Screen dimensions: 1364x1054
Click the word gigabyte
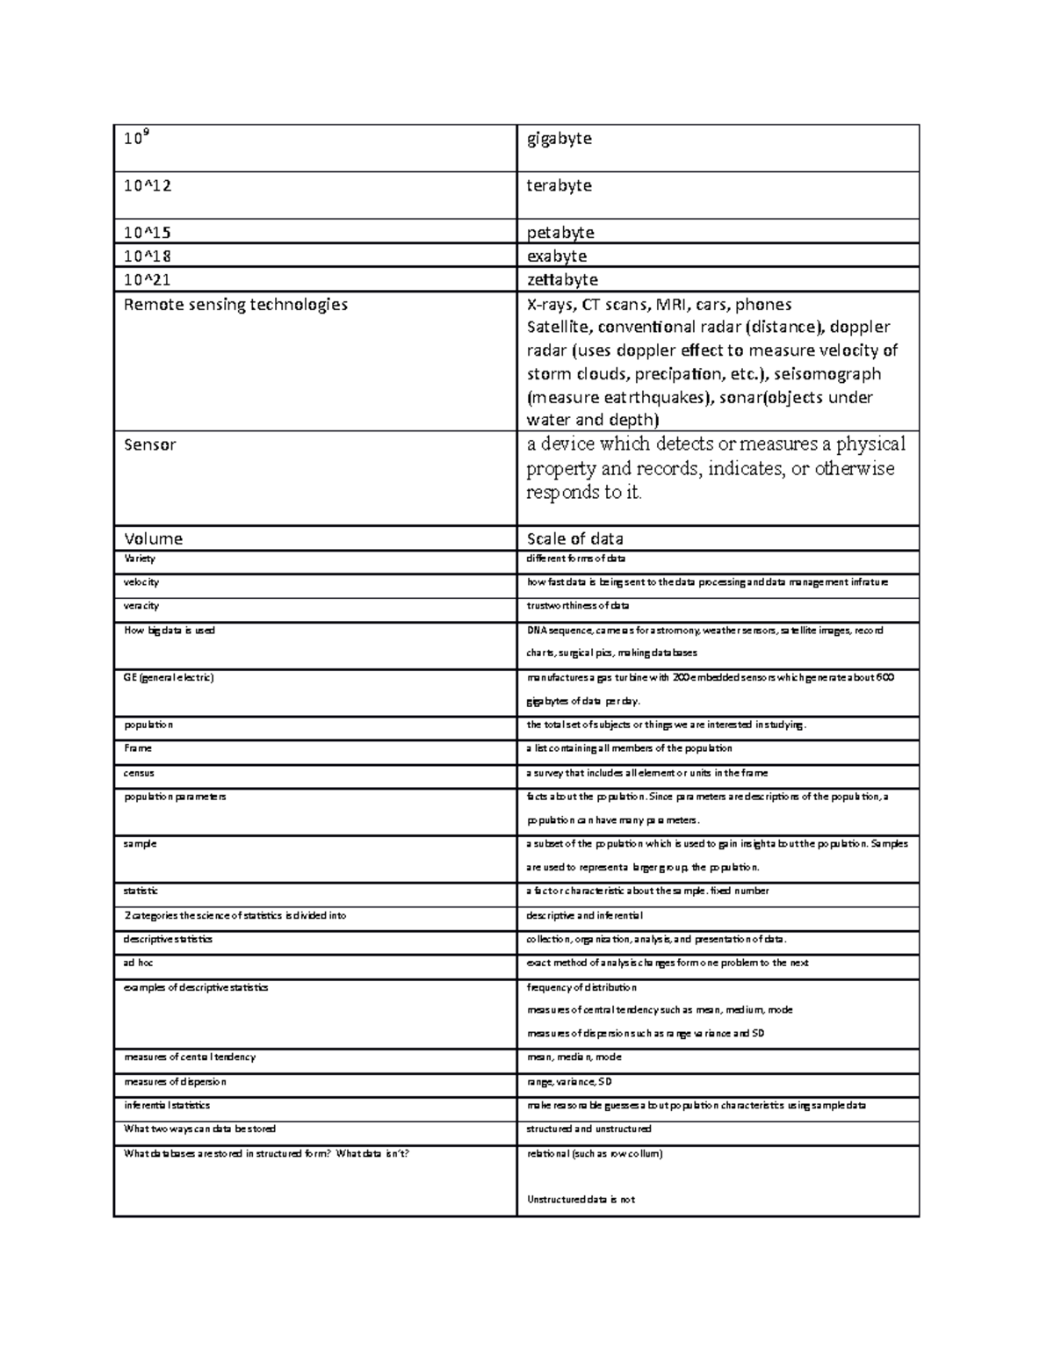click(x=559, y=139)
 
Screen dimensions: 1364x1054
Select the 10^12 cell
click(x=148, y=186)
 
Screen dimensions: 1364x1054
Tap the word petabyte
click(x=560, y=233)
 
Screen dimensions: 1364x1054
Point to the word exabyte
click(x=556, y=256)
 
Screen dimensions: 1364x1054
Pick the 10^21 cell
click(x=148, y=280)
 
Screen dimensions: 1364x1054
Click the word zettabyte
click(x=562, y=280)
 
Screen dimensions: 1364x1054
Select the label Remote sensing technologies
click(x=235, y=305)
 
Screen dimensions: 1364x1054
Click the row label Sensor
click(x=149, y=444)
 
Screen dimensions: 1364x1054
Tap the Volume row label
click(x=153, y=538)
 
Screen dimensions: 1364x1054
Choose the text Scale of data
click(x=574, y=538)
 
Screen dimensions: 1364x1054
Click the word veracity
click(x=141, y=606)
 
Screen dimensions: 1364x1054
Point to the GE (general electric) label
click(x=169, y=678)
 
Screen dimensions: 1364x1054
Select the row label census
click(x=139, y=773)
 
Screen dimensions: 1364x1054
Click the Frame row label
click(x=138, y=748)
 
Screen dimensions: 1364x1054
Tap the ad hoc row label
click(x=139, y=963)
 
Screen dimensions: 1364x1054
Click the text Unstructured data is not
click(x=581, y=1200)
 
